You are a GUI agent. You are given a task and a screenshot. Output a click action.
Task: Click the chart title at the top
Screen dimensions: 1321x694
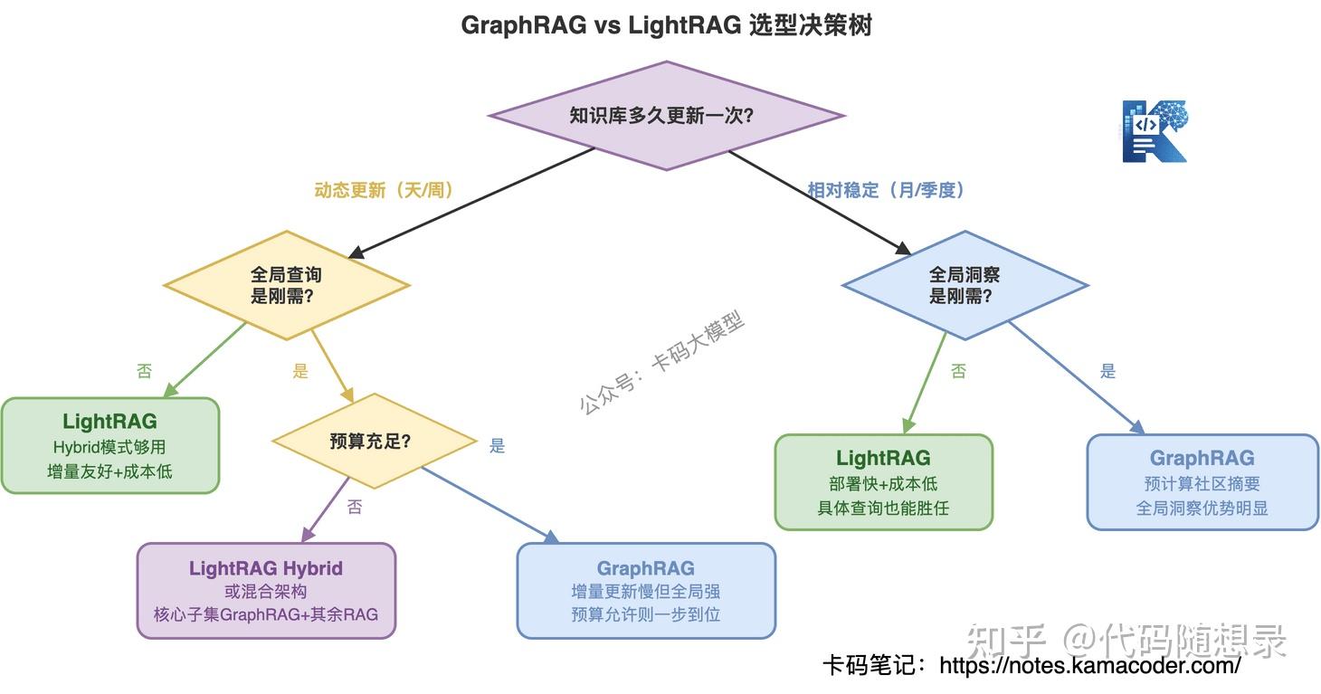point(667,25)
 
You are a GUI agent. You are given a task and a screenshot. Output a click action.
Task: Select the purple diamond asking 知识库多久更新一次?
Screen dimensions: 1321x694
point(667,116)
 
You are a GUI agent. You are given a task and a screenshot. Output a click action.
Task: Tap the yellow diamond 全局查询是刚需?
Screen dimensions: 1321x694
point(287,285)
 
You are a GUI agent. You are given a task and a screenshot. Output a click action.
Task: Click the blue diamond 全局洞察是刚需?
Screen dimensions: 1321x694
point(965,285)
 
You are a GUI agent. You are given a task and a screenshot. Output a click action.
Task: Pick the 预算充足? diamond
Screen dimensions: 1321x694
point(374,441)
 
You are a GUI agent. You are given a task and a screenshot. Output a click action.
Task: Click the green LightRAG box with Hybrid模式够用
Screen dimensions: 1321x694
point(110,445)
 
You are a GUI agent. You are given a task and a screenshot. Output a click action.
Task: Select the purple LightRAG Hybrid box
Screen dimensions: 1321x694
point(267,590)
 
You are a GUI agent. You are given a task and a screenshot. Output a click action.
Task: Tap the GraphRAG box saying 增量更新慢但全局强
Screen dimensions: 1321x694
point(646,590)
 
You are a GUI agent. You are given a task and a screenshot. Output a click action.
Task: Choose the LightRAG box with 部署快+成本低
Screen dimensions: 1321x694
point(883,481)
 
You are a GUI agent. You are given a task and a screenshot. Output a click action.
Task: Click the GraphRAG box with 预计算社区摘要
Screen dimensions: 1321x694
point(1202,481)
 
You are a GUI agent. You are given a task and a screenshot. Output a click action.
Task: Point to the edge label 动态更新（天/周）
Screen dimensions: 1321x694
point(384,190)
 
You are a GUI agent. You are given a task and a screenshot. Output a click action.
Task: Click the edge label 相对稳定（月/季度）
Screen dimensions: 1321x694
point(887,190)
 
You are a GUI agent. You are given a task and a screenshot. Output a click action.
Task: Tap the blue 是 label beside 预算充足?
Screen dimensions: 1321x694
point(497,446)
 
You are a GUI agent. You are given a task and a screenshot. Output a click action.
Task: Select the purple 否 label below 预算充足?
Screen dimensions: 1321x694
point(355,507)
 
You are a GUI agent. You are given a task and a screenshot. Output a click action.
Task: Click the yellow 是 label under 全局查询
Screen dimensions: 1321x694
point(300,371)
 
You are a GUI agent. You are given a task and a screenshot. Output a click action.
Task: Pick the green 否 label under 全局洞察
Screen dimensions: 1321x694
point(958,371)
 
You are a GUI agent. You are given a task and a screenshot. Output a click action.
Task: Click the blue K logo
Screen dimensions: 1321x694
point(1155,131)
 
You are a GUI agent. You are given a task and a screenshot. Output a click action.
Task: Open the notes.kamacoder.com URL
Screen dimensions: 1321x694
point(1089,666)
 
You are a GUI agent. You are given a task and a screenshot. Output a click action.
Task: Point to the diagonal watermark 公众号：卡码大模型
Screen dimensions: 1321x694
point(661,363)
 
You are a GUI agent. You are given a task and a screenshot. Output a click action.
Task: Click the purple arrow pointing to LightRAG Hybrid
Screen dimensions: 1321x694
point(326,509)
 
